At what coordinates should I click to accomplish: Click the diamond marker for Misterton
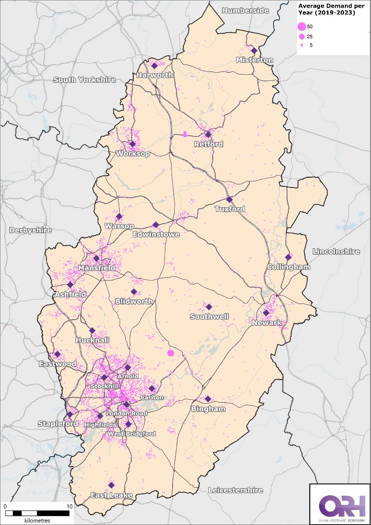(x=254, y=51)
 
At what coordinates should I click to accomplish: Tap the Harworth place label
(x=155, y=75)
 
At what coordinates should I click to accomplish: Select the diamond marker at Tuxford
(x=229, y=200)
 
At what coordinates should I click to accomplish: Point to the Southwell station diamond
(x=209, y=307)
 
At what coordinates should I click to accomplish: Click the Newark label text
(x=265, y=323)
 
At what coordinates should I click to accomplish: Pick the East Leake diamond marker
(x=111, y=485)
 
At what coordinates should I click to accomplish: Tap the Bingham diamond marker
(x=208, y=399)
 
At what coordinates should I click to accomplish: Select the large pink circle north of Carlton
(x=171, y=353)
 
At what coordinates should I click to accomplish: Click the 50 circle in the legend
(x=302, y=27)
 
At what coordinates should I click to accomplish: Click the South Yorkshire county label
(x=85, y=80)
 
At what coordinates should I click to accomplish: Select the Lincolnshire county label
(x=336, y=251)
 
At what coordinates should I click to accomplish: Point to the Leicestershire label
(x=236, y=490)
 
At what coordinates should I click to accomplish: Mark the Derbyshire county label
(x=31, y=230)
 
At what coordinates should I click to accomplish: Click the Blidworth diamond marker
(x=134, y=292)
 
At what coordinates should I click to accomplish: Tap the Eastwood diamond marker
(x=57, y=354)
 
